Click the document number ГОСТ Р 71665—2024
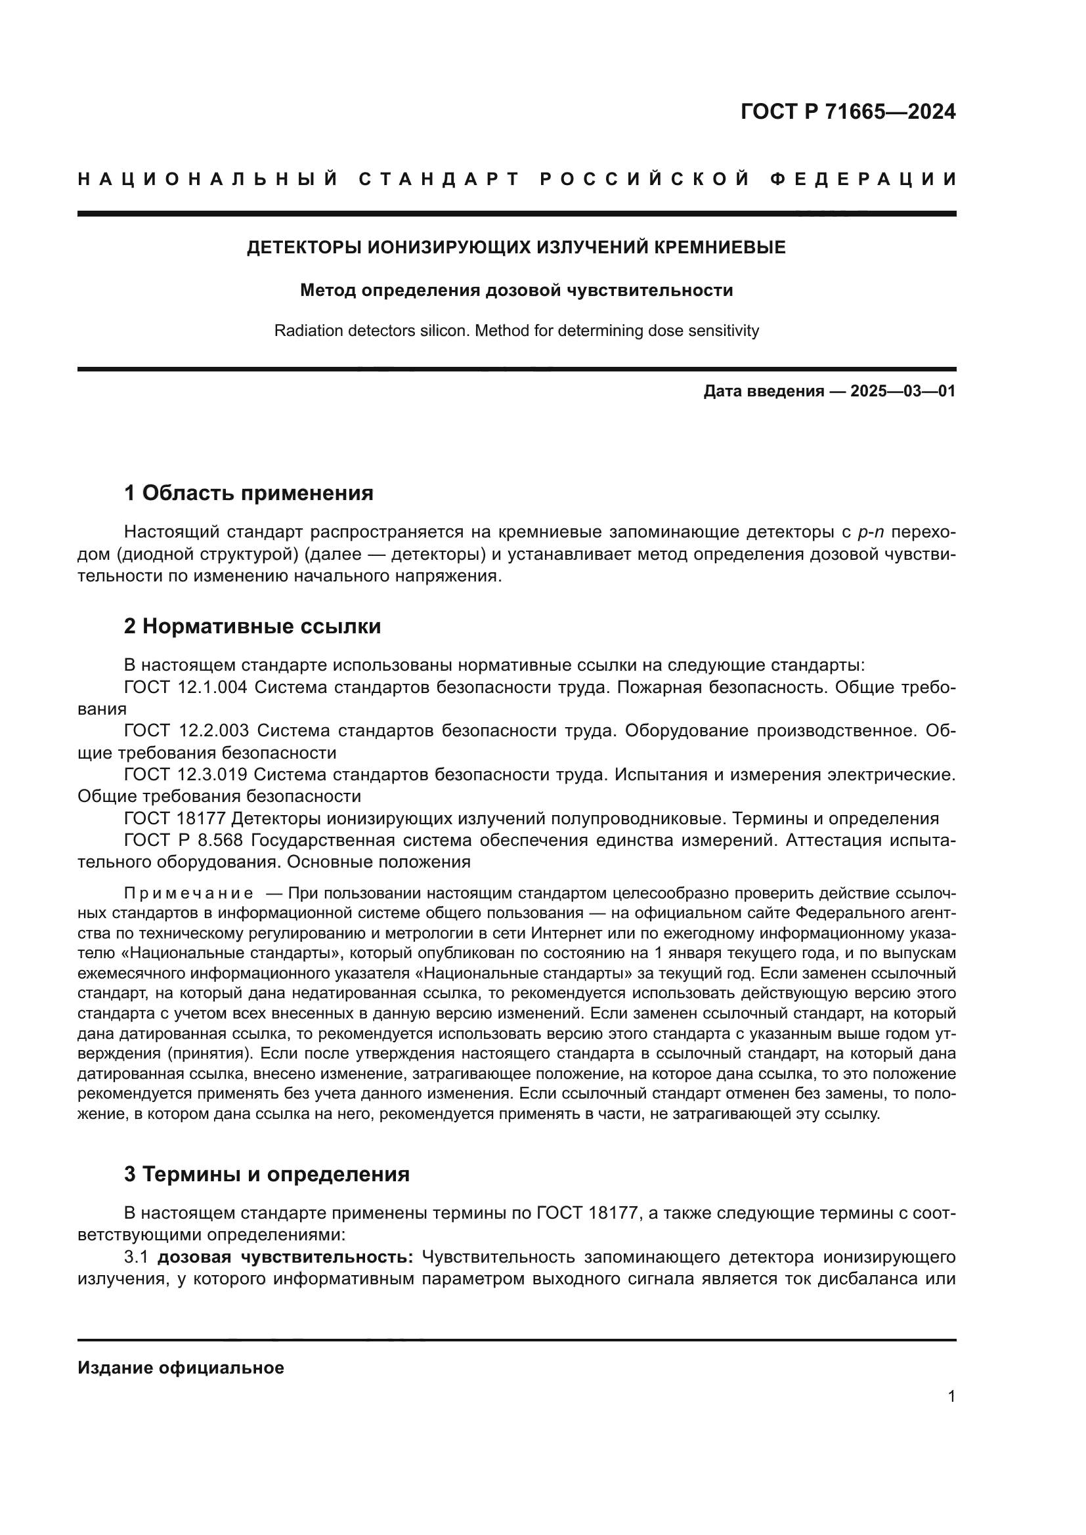pos(848,112)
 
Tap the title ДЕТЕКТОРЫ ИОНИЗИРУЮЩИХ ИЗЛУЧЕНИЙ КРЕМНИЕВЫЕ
pos(516,247)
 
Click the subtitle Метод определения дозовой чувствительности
pos(516,290)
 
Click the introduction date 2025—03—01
pos(903,391)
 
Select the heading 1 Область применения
pos(249,494)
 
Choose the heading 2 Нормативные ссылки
pos(253,627)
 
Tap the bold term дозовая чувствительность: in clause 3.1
pos(286,1257)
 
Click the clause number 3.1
pos(136,1257)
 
